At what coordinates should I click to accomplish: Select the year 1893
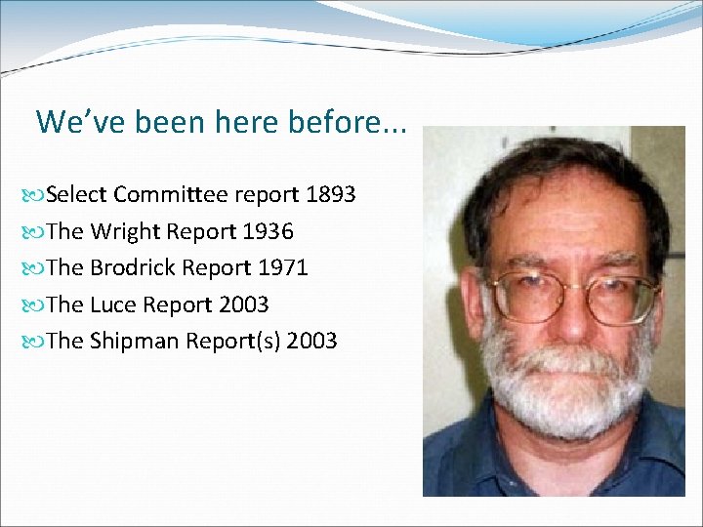tap(331, 194)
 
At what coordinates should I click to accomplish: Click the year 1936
tap(269, 231)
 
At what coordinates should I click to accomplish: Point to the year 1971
tap(283, 267)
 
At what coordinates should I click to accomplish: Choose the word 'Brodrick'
tap(134, 267)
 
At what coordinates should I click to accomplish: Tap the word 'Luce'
tap(113, 304)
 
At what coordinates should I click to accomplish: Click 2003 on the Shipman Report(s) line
tap(312, 342)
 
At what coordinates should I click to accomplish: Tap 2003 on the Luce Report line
tap(244, 304)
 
